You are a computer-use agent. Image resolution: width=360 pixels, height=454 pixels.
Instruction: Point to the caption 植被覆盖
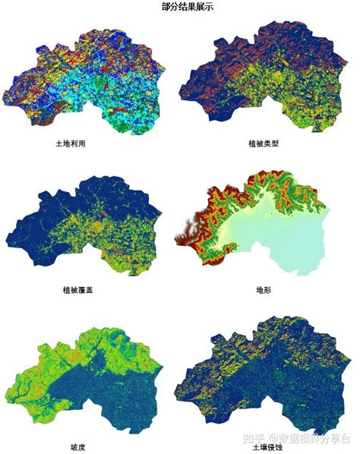(x=78, y=290)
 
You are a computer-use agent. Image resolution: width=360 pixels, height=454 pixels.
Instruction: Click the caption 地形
(x=265, y=290)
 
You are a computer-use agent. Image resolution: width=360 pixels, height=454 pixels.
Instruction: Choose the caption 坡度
(x=78, y=446)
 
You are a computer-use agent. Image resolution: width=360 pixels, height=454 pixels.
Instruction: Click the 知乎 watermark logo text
(x=247, y=438)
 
